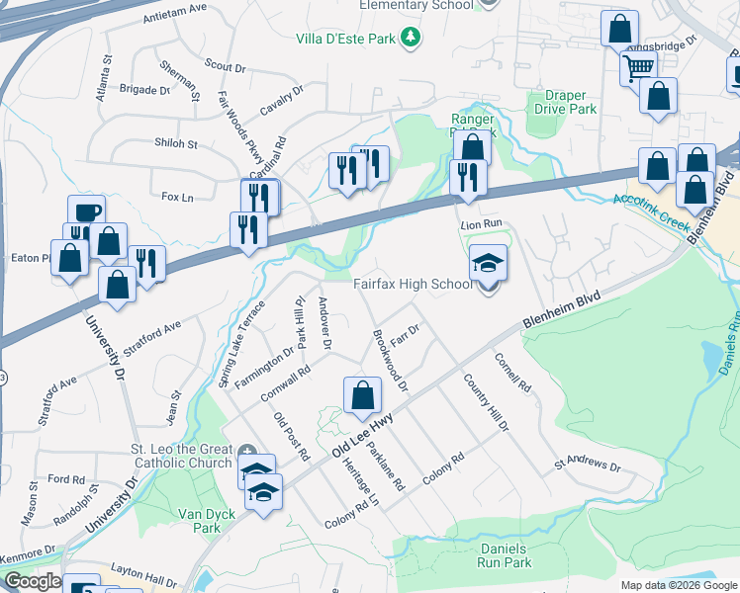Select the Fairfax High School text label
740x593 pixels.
point(414,285)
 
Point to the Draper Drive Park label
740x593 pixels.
point(564,102)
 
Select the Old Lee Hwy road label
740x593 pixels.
point(363,434)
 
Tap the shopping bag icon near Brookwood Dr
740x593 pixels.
point(363,396)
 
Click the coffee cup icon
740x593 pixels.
point(86,212)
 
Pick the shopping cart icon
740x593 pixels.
point(638,68)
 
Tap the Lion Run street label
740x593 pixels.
point(482,225)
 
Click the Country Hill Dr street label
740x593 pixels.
point(485,402)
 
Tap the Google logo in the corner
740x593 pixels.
point(33,581)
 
